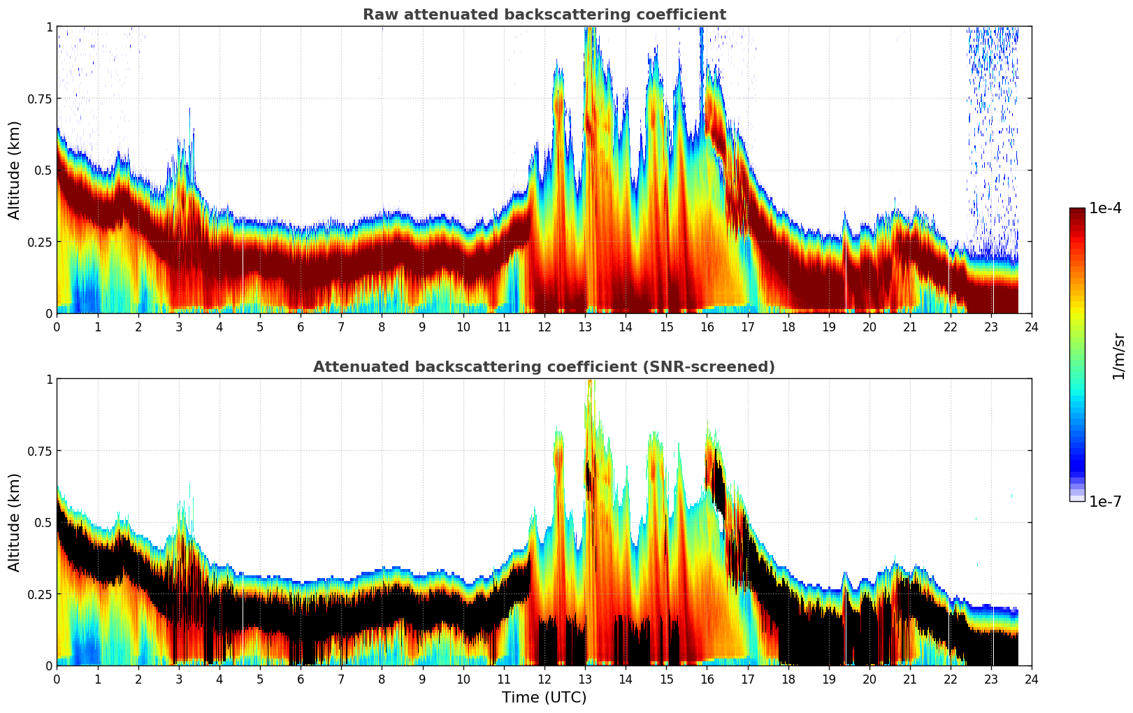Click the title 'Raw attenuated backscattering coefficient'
tap(544, 15)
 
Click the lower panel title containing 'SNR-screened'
tap(544, 367)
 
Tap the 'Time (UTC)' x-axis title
tap(544, 698)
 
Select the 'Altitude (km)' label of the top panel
tap(15, 170)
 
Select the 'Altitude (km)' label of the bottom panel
tap(15, 522)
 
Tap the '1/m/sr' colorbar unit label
tap(1118, 356)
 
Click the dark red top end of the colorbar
tap(1076, 212)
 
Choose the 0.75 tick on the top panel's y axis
tap(40, 99)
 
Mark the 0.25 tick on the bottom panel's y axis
tap(40, 594)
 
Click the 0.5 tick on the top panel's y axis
tap(43, 170)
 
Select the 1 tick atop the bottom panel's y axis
tap(49, 379)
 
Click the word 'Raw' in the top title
tap(377, 15)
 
